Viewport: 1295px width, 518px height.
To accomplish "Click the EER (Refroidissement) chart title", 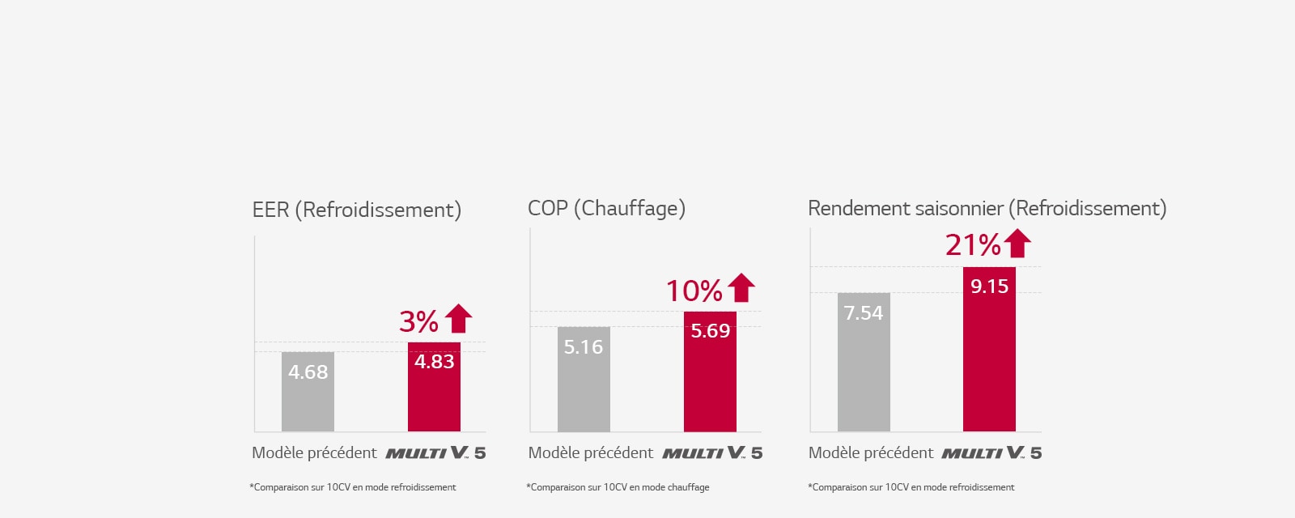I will tap(356, 210).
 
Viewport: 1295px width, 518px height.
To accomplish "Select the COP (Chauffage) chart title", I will tap(606, 208).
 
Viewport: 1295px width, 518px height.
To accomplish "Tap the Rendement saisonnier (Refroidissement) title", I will tap(987, 208).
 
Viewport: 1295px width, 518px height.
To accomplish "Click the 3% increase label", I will tap(418, 321).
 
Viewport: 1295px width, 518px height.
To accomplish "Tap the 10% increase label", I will tap(694, 291).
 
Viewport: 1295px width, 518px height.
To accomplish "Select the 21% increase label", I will tap(973, 244).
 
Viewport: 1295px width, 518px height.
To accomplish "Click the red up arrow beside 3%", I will tap(458, 318).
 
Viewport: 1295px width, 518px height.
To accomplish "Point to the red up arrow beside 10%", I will tap(741, 287).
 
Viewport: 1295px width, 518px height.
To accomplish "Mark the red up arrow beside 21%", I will tap(1017, 243).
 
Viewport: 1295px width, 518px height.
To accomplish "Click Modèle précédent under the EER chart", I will tap(314, 452).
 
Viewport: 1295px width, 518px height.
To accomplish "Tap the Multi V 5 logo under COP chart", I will tap(712, 452).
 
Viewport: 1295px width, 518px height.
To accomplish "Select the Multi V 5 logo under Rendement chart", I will tap(991, 452).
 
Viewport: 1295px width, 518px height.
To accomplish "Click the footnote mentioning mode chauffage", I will tap(618, 487).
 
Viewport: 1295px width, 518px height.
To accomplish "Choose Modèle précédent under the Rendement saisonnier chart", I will tap(871, 452).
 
